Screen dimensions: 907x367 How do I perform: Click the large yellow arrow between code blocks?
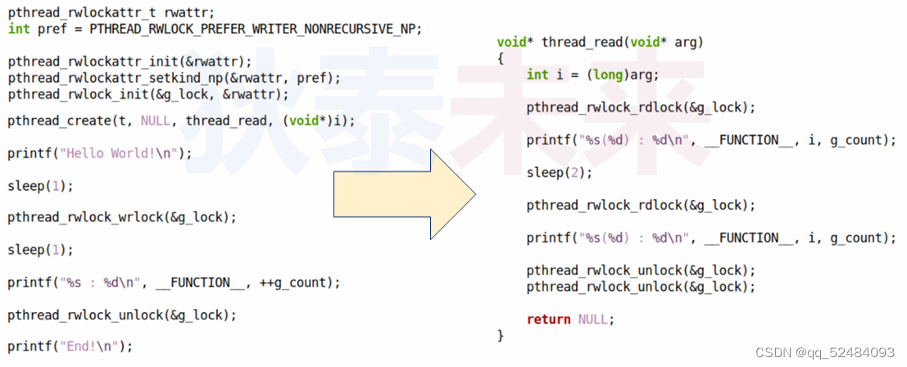coord(401,195)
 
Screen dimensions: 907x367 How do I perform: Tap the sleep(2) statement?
coord(559,173)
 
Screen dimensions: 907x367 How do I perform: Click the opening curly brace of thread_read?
coord(501,58)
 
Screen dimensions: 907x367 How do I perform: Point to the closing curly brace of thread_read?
coord(501,335)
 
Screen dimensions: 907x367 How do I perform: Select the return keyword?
coord(549,319)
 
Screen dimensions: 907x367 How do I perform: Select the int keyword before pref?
coord(19,29)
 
